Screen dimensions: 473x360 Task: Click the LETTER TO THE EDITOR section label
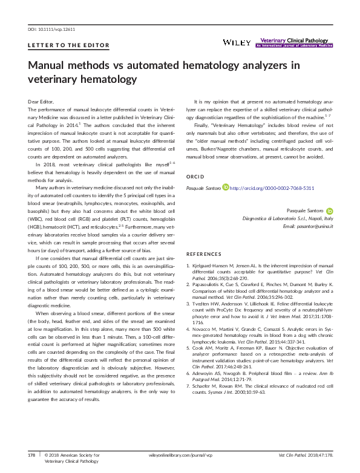68,46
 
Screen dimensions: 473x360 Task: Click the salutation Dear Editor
41,100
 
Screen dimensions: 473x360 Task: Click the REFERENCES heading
206,255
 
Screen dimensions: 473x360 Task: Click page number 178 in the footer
33,454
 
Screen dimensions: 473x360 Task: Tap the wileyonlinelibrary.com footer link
180,454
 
